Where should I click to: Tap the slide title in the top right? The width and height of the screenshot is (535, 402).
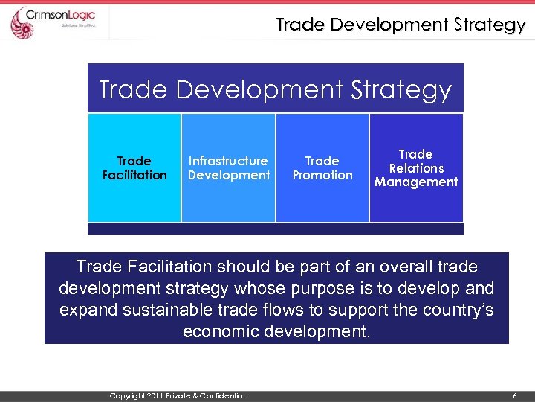tap(401, 25)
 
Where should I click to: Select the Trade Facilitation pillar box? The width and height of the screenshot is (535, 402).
tap(134, 167)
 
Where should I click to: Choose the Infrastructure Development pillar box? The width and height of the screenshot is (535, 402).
tap(229, 167)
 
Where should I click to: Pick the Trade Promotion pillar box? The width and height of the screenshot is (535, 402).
tap(322, 167)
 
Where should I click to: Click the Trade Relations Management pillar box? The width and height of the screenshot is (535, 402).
tap(416, 167)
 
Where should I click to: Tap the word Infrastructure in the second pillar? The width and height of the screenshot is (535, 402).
tap(228, 161)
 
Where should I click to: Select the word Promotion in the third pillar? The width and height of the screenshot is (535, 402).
tap(322, 176)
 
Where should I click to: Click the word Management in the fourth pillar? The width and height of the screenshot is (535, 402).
tap(416, 182)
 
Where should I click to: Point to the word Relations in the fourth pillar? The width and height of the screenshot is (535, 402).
tap(416, 168)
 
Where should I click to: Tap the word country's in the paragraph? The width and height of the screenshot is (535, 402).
tap(454, 310)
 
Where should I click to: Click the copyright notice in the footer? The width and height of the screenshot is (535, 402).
tap(177, 396)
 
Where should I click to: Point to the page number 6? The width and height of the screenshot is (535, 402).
tap(514, 396)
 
